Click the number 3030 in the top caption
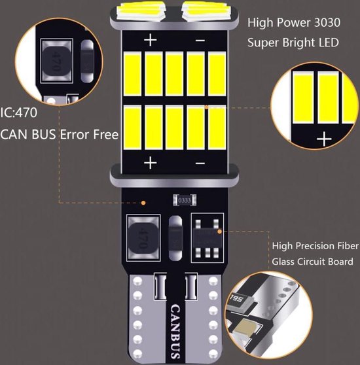(x=325, y=22)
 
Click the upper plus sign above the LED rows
(x=151, y=41)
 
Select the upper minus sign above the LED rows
(x=200, y=41)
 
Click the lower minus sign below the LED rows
(x=200, y=162)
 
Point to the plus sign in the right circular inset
(x=323, y=139)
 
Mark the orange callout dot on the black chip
(x=220, y=231)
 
